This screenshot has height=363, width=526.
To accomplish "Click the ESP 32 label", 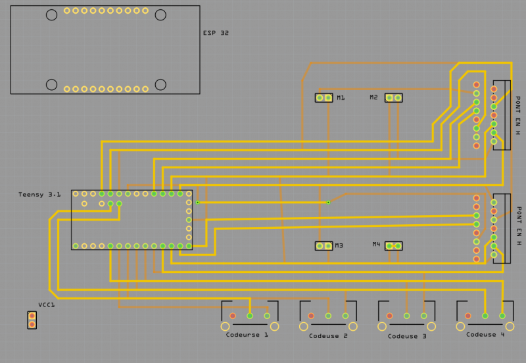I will (216, 33).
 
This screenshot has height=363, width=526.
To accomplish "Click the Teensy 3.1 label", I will (39, 195).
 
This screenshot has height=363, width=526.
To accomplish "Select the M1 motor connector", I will (323, 98).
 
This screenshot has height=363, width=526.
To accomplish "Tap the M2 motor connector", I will (393, 98).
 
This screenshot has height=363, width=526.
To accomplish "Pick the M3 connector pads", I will (323, 246).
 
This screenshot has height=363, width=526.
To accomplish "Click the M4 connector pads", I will (393, 246).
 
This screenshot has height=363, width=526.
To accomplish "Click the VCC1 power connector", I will (32, 320).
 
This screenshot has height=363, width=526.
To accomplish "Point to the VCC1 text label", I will (47, 305).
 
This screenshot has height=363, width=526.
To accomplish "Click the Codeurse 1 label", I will (247, 335).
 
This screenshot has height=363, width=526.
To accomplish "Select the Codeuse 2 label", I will (328, 336).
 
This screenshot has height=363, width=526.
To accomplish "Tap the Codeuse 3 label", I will (406, 336).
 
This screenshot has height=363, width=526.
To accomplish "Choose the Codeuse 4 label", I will (485, 335).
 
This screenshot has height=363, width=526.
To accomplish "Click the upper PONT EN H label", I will (517, 116).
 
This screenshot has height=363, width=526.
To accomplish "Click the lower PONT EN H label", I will (517, 226).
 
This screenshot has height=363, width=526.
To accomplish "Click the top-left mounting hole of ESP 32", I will (51, 14).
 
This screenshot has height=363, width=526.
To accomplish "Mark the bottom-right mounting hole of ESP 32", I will (160, 84).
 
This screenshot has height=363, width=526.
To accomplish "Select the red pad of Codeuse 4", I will (467, 316).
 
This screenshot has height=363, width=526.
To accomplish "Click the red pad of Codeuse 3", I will (389, 316).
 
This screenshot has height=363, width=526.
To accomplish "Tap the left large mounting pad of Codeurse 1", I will (225, 326).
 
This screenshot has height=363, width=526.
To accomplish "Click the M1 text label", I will (341, 98).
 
